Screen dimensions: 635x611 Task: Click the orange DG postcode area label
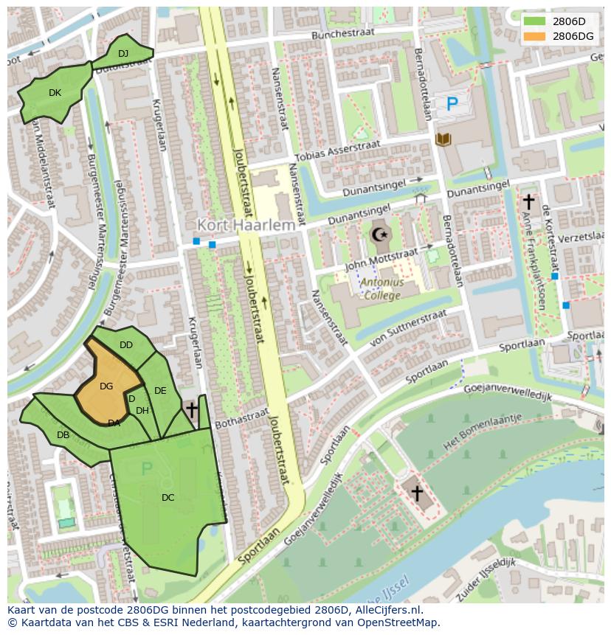(x=106, y=386)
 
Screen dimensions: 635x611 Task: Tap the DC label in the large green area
(x=168, y=498)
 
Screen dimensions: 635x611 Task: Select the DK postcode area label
(x=55, y=93)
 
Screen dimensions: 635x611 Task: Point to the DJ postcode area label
(x=123, y=53)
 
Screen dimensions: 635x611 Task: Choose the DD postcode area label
(x=126, y=345)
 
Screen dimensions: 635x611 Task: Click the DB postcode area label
(x=63, y=435)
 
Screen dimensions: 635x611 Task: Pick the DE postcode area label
(x=160, y=391)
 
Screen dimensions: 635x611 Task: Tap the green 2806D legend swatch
(x=534, y=21)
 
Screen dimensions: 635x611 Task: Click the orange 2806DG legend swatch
(x=534, y=36)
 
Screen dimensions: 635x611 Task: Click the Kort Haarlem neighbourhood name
(x=246, y=224)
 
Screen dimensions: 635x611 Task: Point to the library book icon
(x=443, y=139)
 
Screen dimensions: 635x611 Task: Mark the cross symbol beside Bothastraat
(x=192, y=409)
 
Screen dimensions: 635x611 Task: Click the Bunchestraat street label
(x=343, y=33)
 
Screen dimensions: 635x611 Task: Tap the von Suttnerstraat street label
(x=409, y=327)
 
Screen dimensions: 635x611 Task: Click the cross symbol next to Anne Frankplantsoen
(x=528, y=201)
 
